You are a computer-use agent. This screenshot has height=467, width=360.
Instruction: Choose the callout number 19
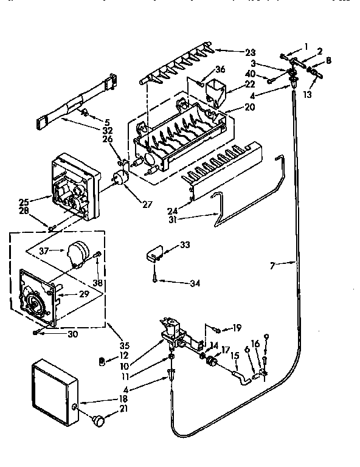pyautogui.click(x=237, y=329)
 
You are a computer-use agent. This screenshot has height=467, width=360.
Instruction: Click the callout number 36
pyautogui.click(x=220, y=69)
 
